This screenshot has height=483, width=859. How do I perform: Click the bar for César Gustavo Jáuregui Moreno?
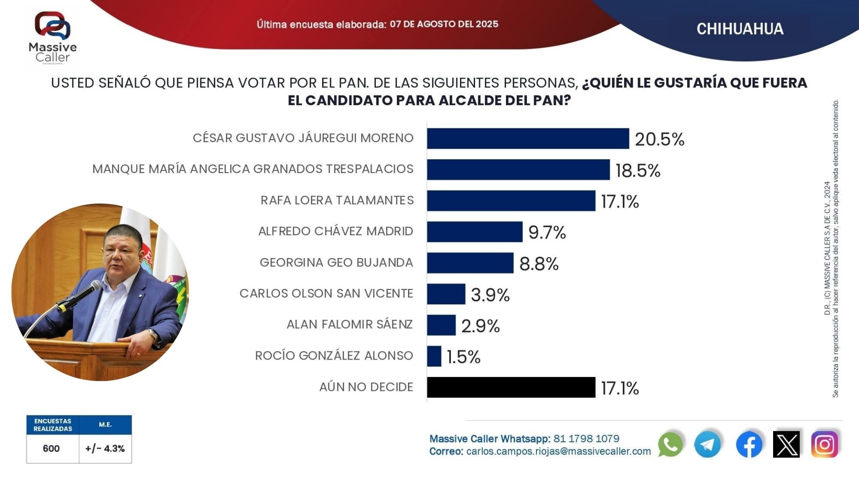[528, 139]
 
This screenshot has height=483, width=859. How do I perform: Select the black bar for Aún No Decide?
[511, 387]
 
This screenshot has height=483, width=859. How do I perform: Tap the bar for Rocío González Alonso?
[434, 356]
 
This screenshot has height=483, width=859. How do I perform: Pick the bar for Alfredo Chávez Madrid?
[475, 232]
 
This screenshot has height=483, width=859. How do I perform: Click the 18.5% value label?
[638, 171]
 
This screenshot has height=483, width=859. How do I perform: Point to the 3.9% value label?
[490, 295]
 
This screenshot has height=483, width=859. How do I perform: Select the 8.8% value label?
[539, 264]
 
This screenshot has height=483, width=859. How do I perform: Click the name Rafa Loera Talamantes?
[337, 200]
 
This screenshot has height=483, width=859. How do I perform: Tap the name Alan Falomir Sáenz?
[350, 324]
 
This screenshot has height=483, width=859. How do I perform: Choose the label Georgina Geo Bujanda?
[336, 263]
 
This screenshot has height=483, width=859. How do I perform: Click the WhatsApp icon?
[670, 445]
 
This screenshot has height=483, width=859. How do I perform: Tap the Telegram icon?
[707, 445]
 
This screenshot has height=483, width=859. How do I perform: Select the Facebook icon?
[749, 445]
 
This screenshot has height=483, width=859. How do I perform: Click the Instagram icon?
[825, 445]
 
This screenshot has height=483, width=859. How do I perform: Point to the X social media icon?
[787, 445]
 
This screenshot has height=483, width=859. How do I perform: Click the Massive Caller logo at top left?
[53, 38]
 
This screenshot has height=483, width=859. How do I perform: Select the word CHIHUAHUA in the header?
[740, 29]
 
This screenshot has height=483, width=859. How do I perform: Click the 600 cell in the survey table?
[51, 449]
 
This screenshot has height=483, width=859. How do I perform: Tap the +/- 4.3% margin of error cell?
[105, 449]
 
